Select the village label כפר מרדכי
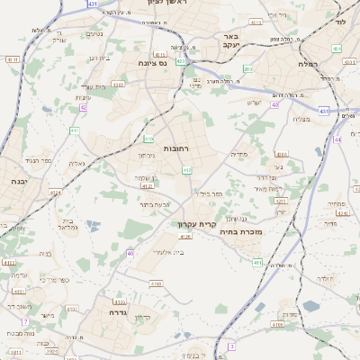(53, 280)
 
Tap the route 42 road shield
(83, 107)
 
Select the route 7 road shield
(25, 321)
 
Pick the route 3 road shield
(231, 346)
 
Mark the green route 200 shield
(247, 68)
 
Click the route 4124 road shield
(56, 192)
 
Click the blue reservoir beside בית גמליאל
(94, 226)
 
